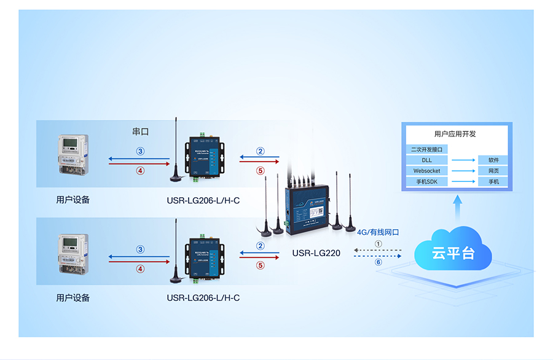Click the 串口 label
[141, 131]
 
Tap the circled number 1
[378, 243]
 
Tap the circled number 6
[378, 262]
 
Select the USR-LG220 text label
[316, 252]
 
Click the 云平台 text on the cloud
[453, 253]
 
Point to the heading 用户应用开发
[455, 134]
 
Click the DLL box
[426, 160]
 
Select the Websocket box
[426, 171]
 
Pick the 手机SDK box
[426, 182]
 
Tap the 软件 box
[493, 160]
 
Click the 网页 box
[493, 171]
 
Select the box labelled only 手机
[493, 182]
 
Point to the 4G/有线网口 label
[378, 232]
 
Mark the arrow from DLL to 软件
[463, 160]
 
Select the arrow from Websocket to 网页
[463, 171]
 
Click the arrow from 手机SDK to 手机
[463, 182]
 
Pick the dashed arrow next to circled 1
[378, 251]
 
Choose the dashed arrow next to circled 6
[378, 256]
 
